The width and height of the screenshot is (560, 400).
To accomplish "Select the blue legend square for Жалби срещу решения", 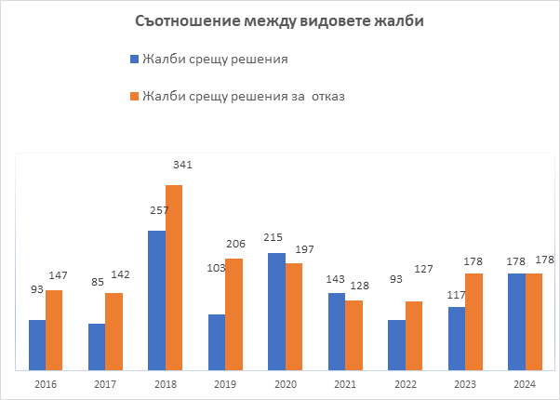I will click(x=134, y=60).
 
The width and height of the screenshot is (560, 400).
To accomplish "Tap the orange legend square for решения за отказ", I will click(x=134, y=96).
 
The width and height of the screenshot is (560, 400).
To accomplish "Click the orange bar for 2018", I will click(x=174, y=276).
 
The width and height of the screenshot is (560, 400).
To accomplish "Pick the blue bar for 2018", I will click(x=156, y=299).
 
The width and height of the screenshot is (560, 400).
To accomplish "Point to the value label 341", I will click(x=182, y=165).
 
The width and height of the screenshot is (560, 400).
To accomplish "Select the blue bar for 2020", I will click(x=275, y=310).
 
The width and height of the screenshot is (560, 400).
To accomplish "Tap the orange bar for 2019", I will click(x=233, y=313).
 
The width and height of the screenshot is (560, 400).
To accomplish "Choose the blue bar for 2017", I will click(x=97, y=345).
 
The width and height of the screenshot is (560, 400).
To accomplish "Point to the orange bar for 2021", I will click(x=353, y=334).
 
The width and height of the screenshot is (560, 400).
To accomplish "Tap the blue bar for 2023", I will click(x=456, y=337).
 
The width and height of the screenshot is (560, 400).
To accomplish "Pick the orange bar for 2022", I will click(x=414, y=334).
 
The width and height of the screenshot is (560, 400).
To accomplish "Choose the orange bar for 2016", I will click(x=54, y=328).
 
